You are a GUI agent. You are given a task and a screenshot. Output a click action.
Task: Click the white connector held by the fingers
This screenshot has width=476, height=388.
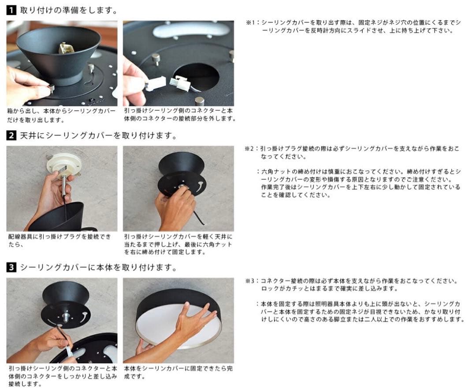coord(155,84)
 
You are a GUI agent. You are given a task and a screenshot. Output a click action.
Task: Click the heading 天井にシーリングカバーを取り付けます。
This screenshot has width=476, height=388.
coord(98,136)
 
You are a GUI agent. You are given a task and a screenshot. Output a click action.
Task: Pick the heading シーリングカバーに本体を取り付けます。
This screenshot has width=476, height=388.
coord(98,268)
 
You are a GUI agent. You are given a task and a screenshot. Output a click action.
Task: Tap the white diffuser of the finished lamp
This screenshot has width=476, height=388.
coord(176,326)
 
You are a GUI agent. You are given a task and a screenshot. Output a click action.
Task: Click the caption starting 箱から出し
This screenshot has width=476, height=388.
coord(61,115)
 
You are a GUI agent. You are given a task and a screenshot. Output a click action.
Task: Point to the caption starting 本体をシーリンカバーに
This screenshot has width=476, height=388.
coord(178,372)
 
